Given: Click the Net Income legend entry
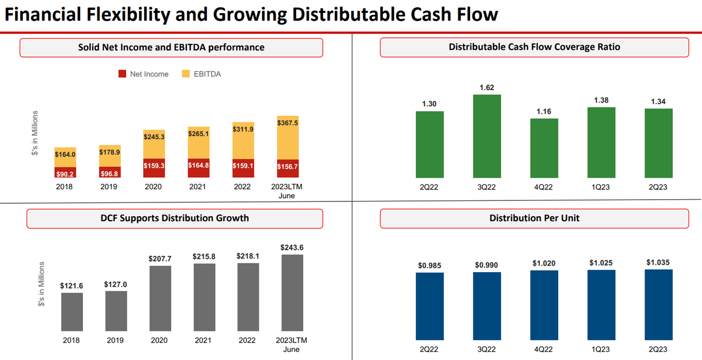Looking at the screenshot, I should (x=144, y=74).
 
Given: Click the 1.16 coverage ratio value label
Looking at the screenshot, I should (x=544, y=111).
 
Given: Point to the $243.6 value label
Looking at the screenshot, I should (x=292, y=248).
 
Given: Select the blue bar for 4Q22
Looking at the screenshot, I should (x=544, y=305).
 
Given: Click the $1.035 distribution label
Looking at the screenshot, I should (x=658, y=262).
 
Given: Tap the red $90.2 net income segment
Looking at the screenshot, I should (x=65, y=172).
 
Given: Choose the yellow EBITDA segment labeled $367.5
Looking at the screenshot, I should (x=288, y=137).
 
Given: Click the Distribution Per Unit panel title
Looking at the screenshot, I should (x=534, y=218).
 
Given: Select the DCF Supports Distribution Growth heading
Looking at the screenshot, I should (x=174, y=218).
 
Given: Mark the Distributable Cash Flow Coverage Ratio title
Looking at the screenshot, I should (x=534, y=47).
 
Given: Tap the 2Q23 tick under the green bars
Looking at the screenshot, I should (x=658, y=187).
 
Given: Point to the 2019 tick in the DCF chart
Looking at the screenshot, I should (x=116, y=340).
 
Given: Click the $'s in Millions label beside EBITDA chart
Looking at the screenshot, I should (x=35, y=133).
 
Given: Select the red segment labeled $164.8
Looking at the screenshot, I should (x=198, y=165).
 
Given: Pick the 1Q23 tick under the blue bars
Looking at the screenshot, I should (x=601, y=349).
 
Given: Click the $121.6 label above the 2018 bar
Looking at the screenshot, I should (x=71, y=285).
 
